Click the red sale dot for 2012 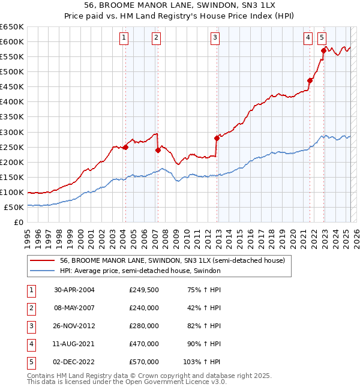pyautogui.click(x=217, y=138)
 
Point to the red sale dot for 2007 pyautogui.click(x=158, y=150)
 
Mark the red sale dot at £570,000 pyautogui.click(x=323, y=50)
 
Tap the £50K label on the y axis pyautogui.click(x=14, y=207)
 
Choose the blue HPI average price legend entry pyautogui.click(x=140, y=271)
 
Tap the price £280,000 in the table pyautogui.click(x=144, y=326)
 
